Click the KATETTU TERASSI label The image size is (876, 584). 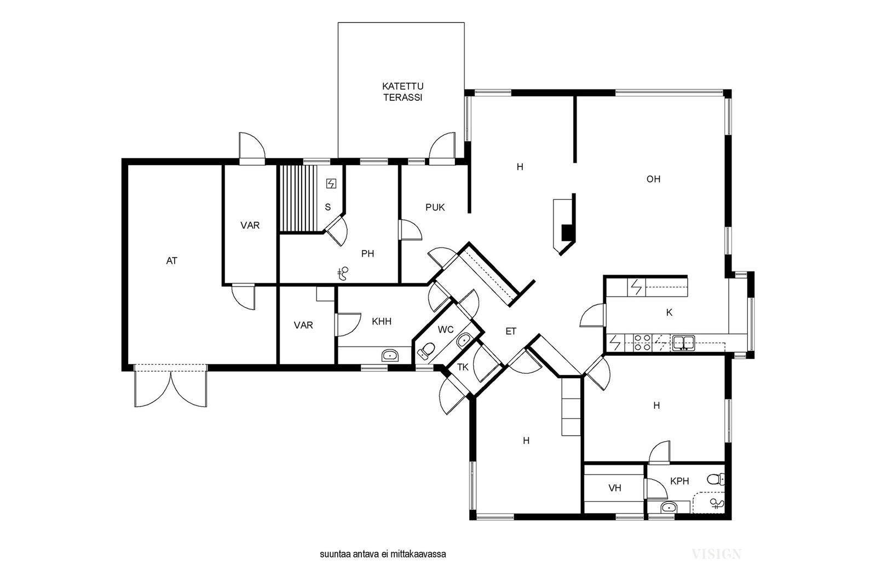(x=402, y=92)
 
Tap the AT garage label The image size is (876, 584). (x=172, y=261)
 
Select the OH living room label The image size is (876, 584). (x=653, y=179)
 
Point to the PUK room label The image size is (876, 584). (x=435, y=207)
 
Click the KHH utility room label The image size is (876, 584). (x=381, y=322)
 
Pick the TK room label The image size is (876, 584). (x=463, y=367)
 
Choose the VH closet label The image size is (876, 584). (x=615, y=488)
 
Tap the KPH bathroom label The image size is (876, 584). (x=679, y=481)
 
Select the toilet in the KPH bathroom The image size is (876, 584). (x=716, y=479)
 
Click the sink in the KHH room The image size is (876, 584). (x=390, y=355)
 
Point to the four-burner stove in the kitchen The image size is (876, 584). (x=642, y=343)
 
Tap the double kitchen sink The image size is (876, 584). (x=683, y=343)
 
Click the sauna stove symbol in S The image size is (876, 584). (x=331, y=183)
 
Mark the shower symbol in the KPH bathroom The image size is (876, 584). (x=717, y=504)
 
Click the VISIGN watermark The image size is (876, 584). (x=717, y=554)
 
